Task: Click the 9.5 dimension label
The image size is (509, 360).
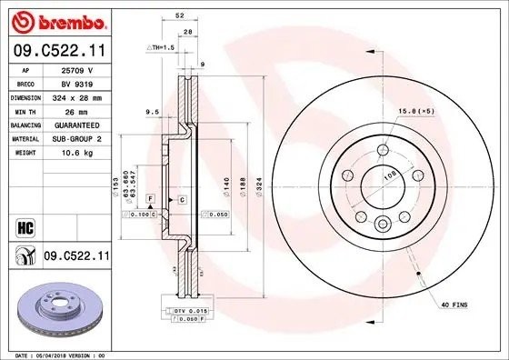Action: point(152,113)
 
